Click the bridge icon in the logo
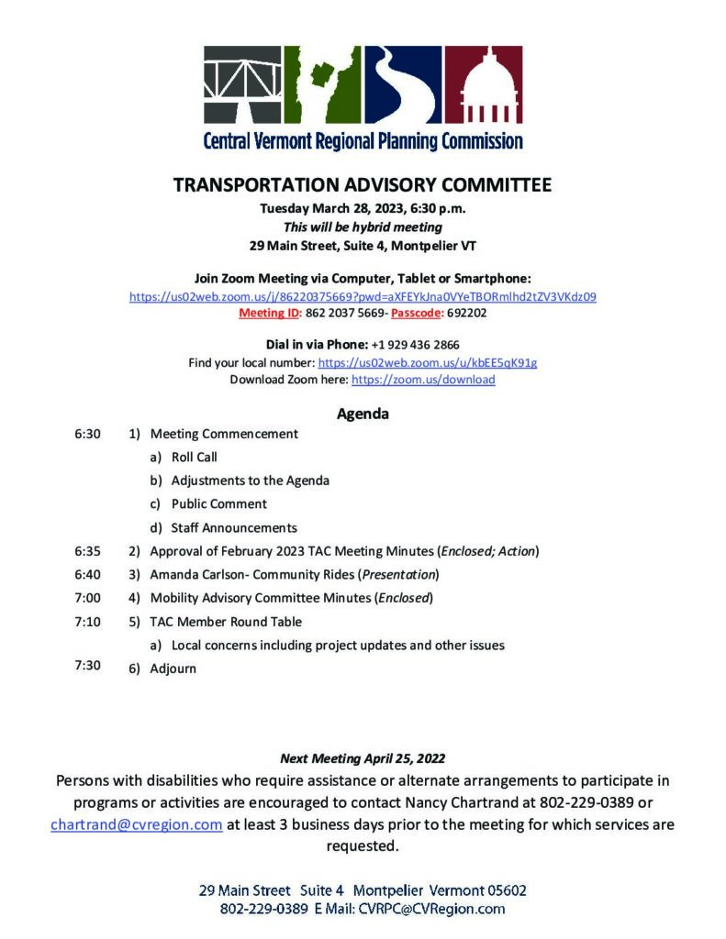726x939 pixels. point(242,85)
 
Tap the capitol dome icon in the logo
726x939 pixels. point(484,85)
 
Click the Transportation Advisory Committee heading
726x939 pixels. point(363,185)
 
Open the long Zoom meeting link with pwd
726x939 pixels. point(363,296)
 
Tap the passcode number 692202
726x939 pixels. point(468,313)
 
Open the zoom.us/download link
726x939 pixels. point(423,379)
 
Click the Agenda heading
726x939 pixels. point(363,414)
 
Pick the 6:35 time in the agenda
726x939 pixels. point(87,551)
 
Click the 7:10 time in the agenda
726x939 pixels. point(87,622)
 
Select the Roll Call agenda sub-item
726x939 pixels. point(194,457)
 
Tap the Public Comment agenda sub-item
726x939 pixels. point(218,503)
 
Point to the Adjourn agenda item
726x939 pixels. point(173,668)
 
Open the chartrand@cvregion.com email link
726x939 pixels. point(137,824)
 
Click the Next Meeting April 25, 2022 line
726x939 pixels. point(363,758)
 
